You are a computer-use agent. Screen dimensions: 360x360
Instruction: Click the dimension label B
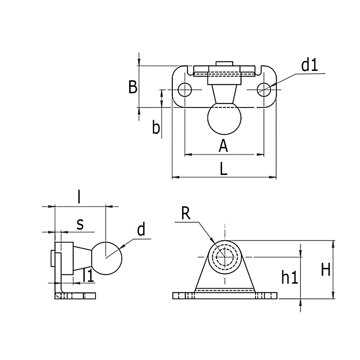click(x=133, y=87)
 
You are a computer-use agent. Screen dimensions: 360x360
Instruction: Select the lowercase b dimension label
click(x=156, y=127)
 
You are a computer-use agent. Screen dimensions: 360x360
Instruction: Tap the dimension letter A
click(x=223, y=146)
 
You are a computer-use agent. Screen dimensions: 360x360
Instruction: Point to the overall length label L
click(x=224, y=169)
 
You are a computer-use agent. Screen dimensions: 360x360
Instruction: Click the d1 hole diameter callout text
click(x=310, y=66)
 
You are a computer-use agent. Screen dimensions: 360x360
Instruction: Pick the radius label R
click(x=185, y=214)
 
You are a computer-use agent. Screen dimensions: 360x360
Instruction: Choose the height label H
click(x=325, y=270)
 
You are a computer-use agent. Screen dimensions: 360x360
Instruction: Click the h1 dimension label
click(x=289, y=278)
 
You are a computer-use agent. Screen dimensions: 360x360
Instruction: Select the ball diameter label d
click(x=141, y=230)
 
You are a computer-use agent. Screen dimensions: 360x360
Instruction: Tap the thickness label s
click(x=80, y=224)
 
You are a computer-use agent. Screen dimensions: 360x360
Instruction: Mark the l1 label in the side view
click(x=88, y=276)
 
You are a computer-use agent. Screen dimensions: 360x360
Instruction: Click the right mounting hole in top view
click(x=264, y=89)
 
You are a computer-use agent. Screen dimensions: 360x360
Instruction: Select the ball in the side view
click(x=107, y=257)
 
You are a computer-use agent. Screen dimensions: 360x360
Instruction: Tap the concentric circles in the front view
click(x=225, y=257)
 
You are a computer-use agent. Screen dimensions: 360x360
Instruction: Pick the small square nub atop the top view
click(x=224, y=64)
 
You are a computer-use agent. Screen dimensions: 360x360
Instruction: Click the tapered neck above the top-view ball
click(x=224, y=94)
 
